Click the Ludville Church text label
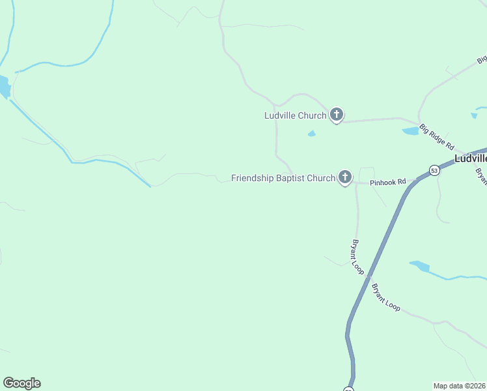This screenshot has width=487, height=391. pos(295,116)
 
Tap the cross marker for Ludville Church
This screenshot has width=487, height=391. pos(336,115)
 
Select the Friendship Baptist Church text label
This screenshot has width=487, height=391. pos(283,178)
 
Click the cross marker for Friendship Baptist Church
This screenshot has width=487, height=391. pos(345,177)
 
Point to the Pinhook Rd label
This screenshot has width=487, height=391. pos(388,182)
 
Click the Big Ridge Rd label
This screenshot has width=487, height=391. pos(436,138)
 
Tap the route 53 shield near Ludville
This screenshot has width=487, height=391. pos(435,170)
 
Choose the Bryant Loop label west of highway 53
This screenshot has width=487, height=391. pos(357,257)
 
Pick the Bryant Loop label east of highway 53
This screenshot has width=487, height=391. pos(385,297)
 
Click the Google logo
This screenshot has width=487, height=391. pos(21,383)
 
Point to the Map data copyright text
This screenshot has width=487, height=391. pos(460,385)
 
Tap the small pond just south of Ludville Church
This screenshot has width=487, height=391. pos(312,134)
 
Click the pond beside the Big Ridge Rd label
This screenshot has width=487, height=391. pos(411,131)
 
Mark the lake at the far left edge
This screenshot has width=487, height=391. pos(4,87)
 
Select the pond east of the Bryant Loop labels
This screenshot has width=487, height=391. pos(421,266)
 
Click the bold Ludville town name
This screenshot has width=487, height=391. pos(470,158)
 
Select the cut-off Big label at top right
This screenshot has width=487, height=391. pos(482,59)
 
